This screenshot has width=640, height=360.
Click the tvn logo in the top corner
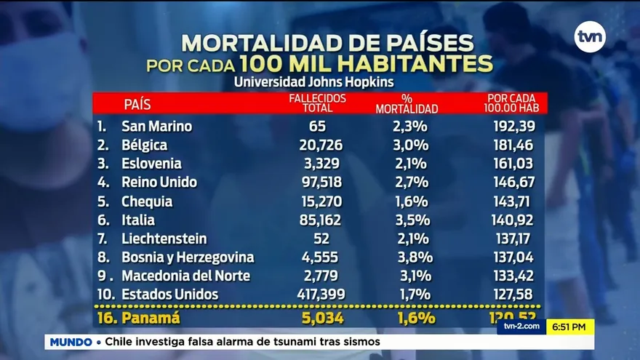point(590,37)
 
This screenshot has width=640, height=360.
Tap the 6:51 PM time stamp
point(570,327)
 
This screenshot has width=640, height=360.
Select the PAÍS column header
point(137,104)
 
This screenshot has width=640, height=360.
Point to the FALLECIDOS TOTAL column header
point(318,103)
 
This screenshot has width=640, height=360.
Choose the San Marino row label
point(156,126)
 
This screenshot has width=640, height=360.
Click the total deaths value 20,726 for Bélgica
point(321,145)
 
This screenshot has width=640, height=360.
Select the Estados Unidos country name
point(169,295)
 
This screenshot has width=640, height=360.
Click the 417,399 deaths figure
point(321,295)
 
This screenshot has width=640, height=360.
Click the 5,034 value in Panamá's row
point(321,318)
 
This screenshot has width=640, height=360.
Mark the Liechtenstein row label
point(164,239)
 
